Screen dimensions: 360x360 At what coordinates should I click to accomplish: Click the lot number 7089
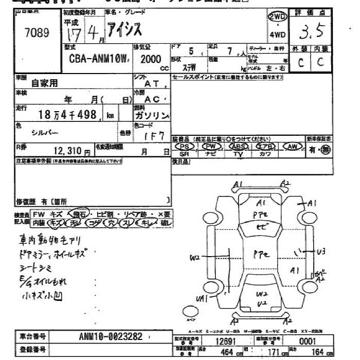click(x=37, y=33)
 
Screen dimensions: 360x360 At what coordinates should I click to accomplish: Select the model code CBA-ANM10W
click(x=95, y=59)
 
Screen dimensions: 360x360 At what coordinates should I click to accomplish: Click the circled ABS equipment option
click(x=239, y=146)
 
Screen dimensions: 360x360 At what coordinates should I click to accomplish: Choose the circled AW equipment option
click(x=293, y=146)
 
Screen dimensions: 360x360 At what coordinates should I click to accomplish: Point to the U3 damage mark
click(x=321, y=251)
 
